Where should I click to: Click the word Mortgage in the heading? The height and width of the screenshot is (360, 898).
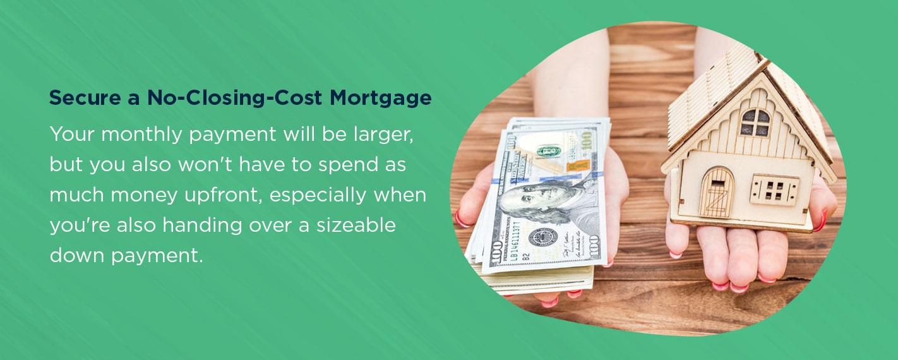380,99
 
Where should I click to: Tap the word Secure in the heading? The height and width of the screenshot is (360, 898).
85,97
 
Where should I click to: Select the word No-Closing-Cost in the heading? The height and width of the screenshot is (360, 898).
234,99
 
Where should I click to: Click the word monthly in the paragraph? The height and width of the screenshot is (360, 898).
142,135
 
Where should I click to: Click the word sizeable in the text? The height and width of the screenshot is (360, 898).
356,225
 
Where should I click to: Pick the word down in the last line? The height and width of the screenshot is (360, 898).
77,255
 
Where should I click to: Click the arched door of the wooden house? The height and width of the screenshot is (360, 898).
716,193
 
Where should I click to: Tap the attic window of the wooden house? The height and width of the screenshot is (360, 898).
755,123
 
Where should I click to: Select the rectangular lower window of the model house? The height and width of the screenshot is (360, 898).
774,190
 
